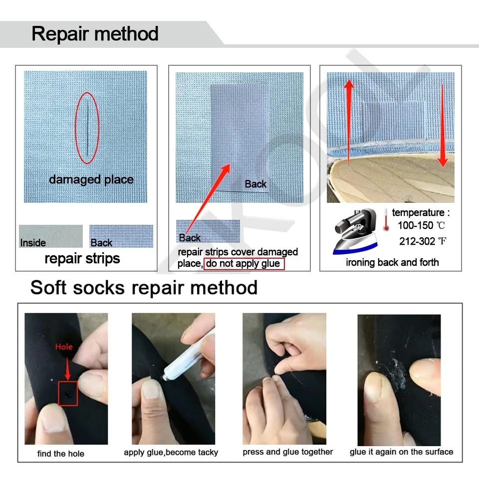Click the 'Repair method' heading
click(95, 34)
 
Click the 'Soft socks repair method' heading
click(144, 288)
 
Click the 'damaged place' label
click(91, 179)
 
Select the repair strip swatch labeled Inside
click(51, 236)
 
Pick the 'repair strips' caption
click(82, 258)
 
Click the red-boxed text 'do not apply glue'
click(243, 264)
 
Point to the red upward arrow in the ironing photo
click(349, 120)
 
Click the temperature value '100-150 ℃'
click(422, 225)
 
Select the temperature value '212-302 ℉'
click(422, 241)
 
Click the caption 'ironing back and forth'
click(392, 262)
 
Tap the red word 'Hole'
click(64, 346)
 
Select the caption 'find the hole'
click(61, 454)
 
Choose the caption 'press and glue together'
click(287, 452)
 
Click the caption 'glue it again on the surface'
click(401, 452)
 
